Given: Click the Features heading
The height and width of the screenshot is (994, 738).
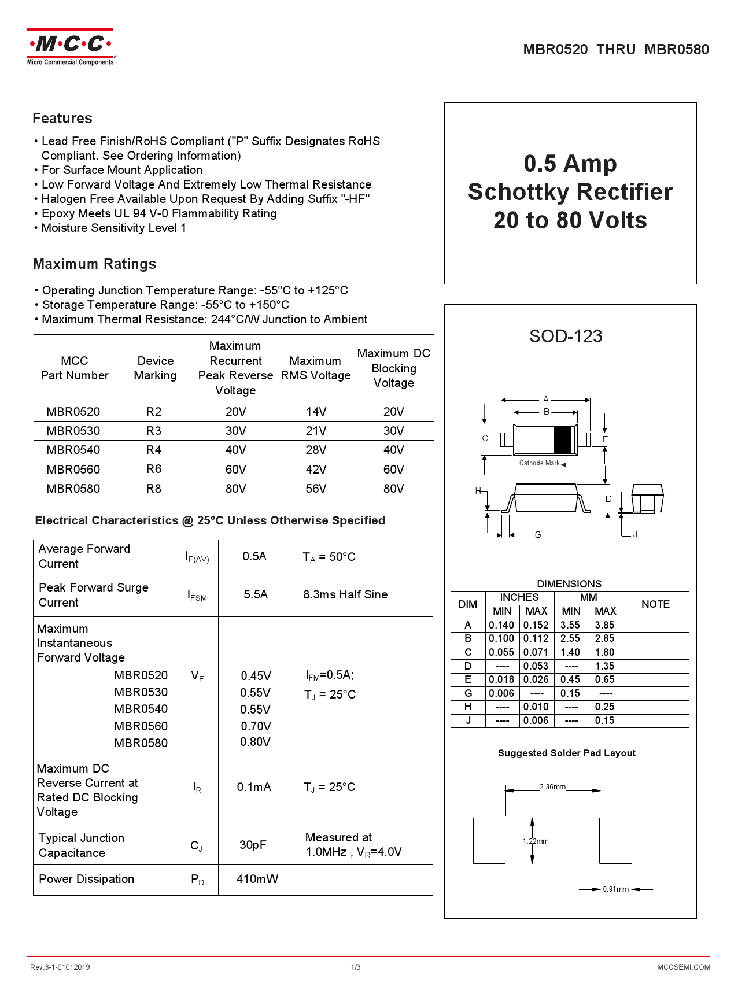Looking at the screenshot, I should (x=62, y=118).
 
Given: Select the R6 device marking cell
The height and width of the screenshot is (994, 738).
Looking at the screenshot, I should (x=154, y=469).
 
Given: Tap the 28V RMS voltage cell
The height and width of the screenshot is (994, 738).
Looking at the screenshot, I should (x=316, y=450).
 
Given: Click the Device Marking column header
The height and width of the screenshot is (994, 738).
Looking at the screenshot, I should (x=155, y=368).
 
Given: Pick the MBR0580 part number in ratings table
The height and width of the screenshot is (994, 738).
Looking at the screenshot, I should (x=73, y=489).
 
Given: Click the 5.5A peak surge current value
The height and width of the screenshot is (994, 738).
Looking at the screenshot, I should (x=256, y=594).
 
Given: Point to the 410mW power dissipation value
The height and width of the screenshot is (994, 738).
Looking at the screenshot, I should (x=257, y=879).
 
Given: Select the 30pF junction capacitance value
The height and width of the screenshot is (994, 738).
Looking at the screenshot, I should (x=253, y=845).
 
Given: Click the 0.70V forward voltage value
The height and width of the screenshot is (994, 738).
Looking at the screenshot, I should (x=256, y=726).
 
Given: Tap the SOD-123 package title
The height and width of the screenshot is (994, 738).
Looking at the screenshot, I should (x=566, y=336).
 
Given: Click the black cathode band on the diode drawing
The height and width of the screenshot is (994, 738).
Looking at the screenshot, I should (x=563, y=439).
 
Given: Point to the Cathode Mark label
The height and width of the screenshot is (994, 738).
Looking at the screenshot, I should (x=539, y=463).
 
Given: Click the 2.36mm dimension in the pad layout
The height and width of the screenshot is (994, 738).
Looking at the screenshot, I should (x=552, y=787).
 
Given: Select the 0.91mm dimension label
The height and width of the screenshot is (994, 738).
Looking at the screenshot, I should (x=615, y=889).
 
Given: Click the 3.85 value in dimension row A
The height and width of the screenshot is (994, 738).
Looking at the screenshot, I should (x=604, y=625).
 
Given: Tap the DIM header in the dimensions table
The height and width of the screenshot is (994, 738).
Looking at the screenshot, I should (x=467, y=604).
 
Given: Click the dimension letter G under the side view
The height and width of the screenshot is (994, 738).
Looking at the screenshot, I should (x=538, y=535).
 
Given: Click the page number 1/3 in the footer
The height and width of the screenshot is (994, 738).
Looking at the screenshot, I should (x=356, y=967).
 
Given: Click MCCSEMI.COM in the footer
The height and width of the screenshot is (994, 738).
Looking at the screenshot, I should (x=683, y=967).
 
